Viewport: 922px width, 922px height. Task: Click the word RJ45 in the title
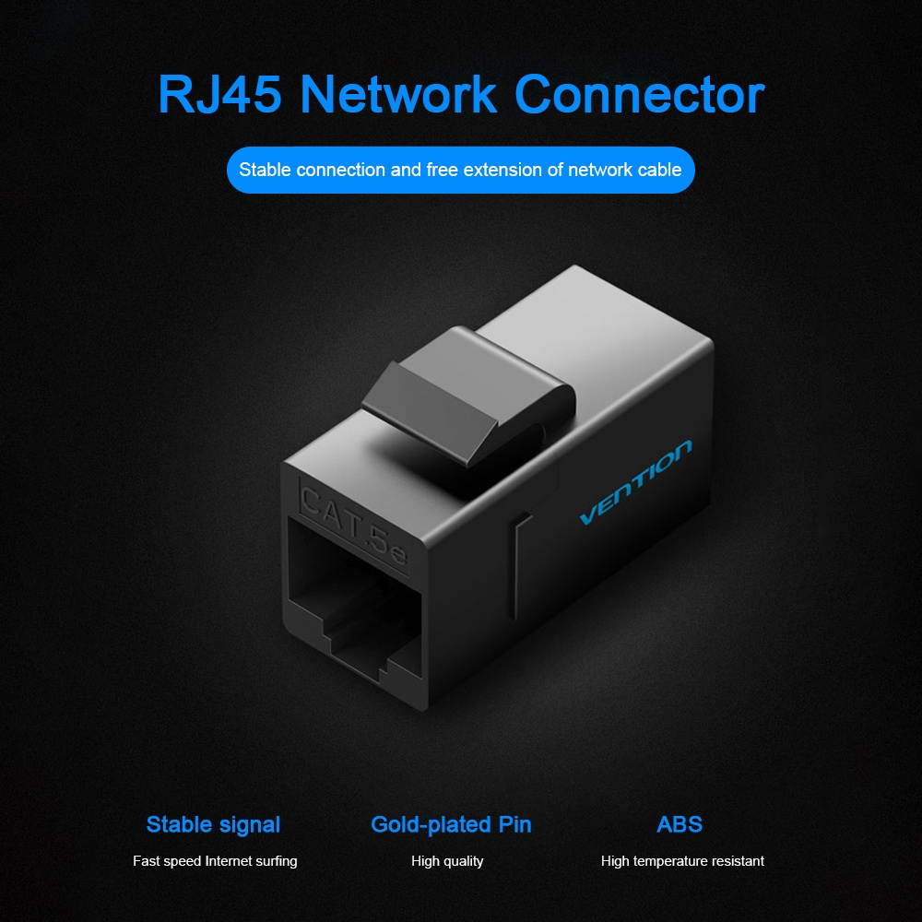click(x=220, y=94)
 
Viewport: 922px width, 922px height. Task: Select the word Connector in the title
click(x=639, y=94)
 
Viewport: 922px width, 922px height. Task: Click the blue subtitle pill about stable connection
click(x=460, y=170)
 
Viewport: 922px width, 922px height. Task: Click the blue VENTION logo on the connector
click(x=635, y=482)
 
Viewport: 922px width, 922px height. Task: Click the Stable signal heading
click(x=213, y=824)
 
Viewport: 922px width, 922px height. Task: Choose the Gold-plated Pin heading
click(x=451, y=824)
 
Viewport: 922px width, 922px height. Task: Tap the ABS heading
click(x=680, y=824)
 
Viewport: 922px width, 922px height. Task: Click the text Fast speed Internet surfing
click(x=215, y=861)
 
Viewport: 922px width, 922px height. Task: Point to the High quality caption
click(x=447, y=861)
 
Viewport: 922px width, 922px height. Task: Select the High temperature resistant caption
click(x=682, y=861)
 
